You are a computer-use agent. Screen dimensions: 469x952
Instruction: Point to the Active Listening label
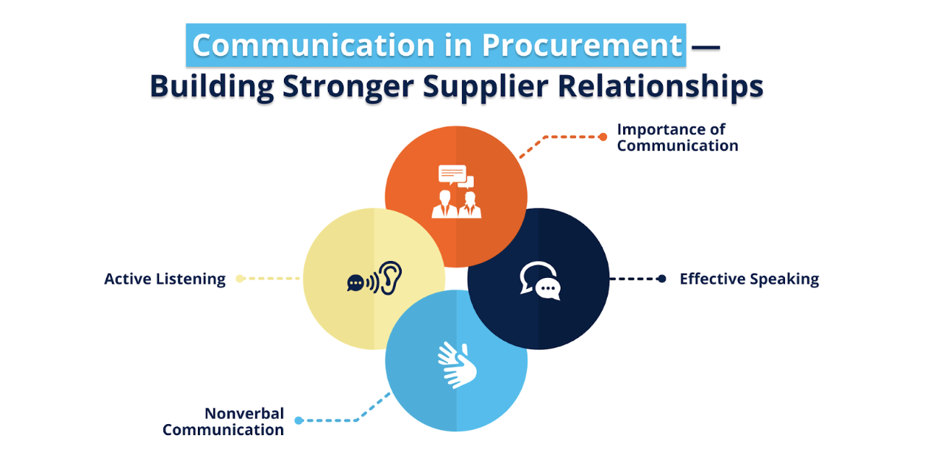pos(165,279)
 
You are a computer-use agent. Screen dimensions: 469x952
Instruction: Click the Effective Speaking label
pos(749,279)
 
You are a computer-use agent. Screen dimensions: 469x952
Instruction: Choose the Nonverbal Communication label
pos(223,422)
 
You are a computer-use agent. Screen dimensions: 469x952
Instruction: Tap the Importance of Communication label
pos(677,137)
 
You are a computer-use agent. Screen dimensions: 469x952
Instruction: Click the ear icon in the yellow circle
pos(390,278)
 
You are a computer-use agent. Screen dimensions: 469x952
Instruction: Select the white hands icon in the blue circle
pos(456,364)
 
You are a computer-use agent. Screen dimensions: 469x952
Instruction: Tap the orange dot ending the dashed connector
pos(603,136)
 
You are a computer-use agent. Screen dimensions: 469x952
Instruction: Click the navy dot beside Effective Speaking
pos(661,279)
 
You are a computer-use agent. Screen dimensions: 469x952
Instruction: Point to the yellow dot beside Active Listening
pos(240,279)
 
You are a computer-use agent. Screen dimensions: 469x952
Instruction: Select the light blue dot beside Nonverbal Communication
pos(299,420)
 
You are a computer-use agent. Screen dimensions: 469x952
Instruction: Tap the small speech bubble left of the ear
pos(356,283)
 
